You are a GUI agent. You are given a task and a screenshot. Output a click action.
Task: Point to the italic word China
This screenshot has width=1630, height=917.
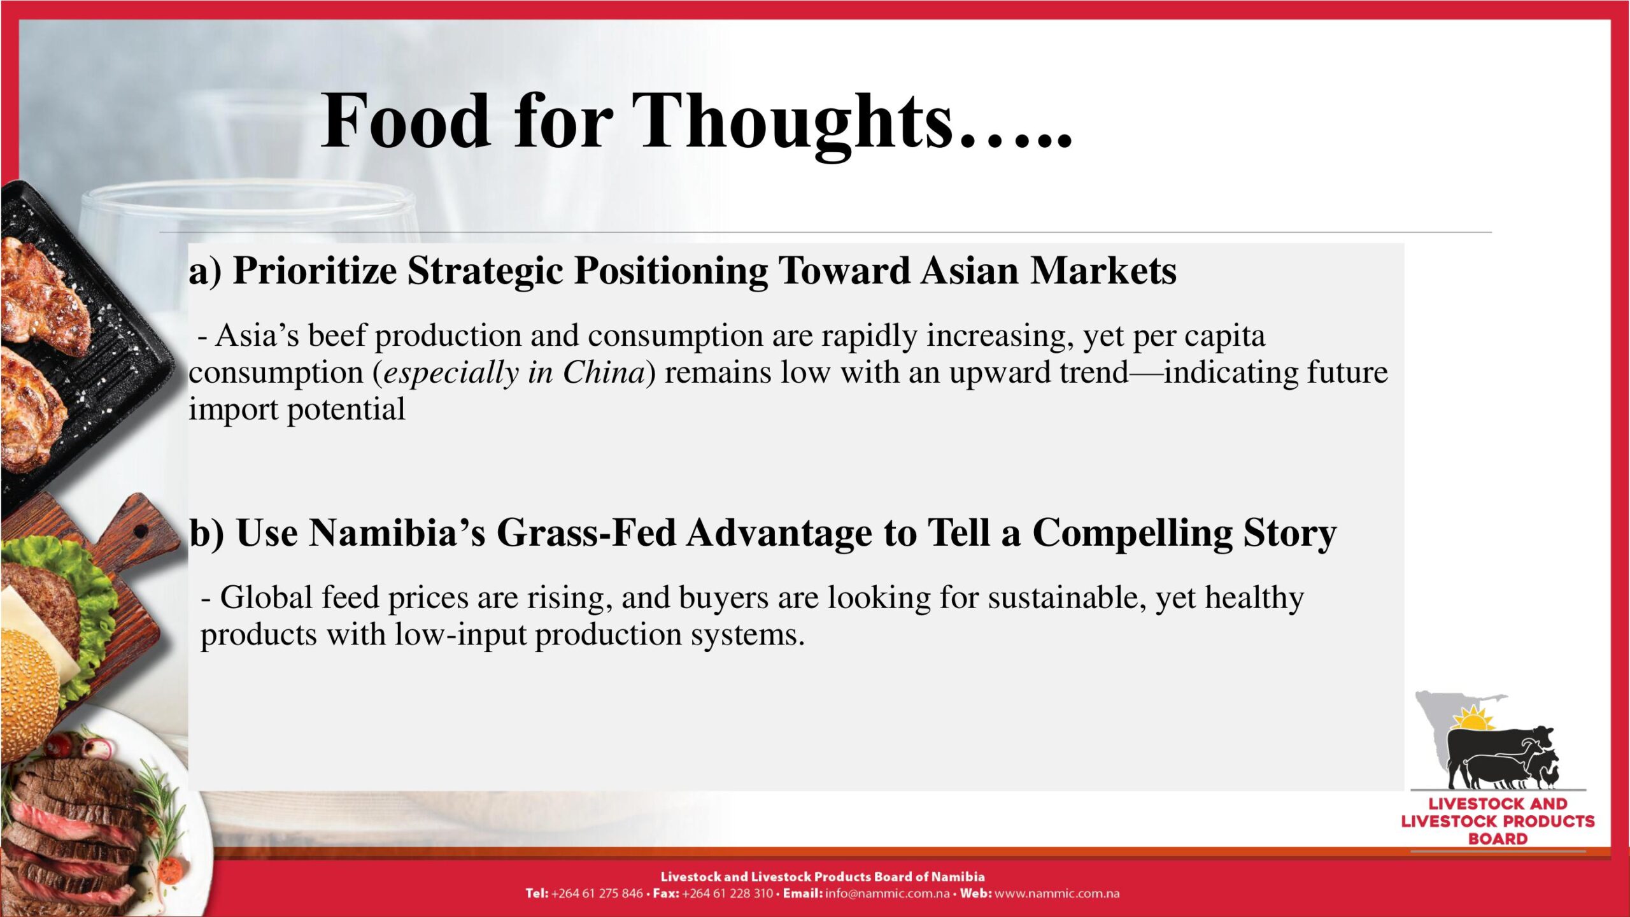pyautogui.click(x=604, y=372)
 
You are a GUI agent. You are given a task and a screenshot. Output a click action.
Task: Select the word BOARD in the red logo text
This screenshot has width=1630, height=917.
pyautogui.click(x=1498, y=839)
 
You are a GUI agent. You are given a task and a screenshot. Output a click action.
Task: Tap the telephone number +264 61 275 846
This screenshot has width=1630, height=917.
pyautogui.click(x=597, y=893)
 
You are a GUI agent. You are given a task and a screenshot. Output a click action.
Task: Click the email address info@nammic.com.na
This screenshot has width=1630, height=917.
pyautogui.click(x=887, y=893)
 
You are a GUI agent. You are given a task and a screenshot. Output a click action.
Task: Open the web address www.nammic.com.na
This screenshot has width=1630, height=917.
pyautogui.click(x=1057, y=893)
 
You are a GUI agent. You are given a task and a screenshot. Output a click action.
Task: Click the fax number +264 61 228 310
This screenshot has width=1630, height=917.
pyautogui.click(x=727, y=893)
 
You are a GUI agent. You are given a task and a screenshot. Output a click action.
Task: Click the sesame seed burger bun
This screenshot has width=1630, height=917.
pyautogui.click(x=29, y=694)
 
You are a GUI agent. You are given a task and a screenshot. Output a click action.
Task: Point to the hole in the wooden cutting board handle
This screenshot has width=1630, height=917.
pyautogui.click(x=141, y=530)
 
